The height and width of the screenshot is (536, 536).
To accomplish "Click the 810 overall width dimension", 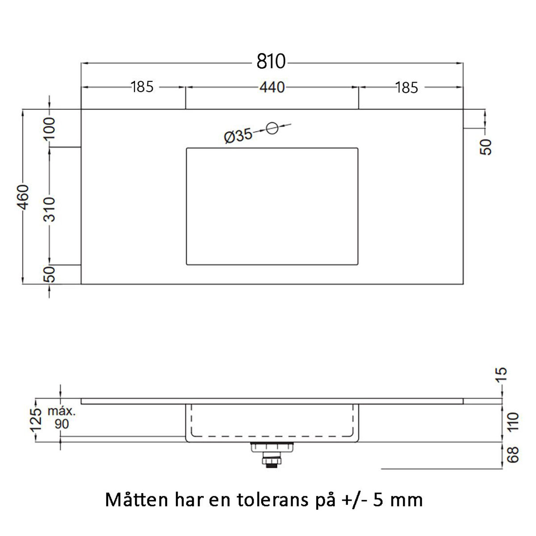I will coord(271,62).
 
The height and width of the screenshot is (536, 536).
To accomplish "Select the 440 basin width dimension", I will coord(272,87).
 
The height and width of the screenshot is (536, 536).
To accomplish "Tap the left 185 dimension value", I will coord(142,87).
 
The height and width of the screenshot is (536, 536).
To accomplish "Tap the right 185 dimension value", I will coord(406,88).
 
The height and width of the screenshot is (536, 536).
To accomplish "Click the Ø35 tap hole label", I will coord(238,135).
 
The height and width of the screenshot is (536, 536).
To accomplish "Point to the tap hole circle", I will coord(272,128).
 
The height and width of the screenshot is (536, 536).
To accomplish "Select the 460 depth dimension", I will coord(23,197).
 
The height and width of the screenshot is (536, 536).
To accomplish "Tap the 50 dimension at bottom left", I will coord(50,274).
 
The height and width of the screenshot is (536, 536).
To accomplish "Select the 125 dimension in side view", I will coord(36,419).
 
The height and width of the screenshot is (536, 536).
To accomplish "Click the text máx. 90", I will coord(62,418).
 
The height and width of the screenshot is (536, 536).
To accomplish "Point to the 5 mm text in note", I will coord(398,500).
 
